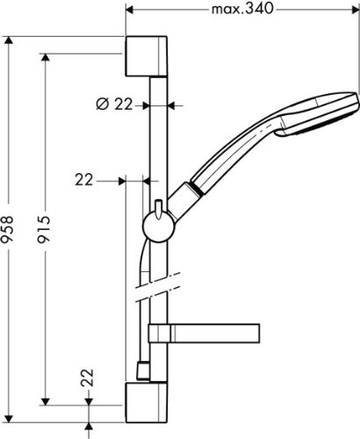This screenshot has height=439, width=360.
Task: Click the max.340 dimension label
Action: pos(242,9)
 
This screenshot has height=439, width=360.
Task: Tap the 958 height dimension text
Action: pos(7,229)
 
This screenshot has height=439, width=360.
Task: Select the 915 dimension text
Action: pos(44,229)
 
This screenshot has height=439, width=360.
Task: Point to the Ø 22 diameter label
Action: pos(114,104)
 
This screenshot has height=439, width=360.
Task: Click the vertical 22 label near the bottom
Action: pos(87,378)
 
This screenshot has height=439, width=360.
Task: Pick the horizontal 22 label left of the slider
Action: pos(84,180)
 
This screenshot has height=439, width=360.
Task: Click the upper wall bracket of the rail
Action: pos(147,56)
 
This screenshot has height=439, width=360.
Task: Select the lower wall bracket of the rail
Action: pos(147,403)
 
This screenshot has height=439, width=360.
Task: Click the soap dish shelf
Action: pos(205,333)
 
